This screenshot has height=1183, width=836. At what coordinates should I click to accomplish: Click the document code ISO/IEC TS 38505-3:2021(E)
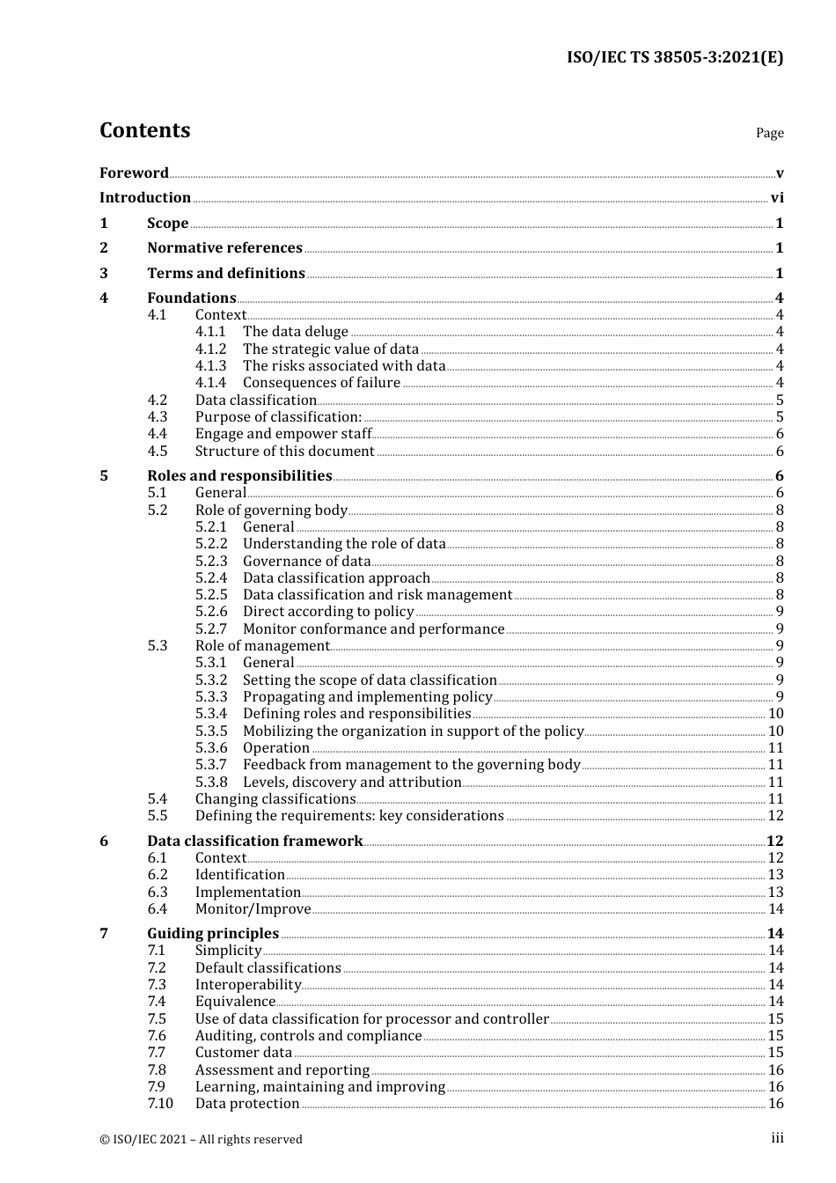point(675,57)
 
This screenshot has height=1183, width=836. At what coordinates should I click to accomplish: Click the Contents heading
point(144,130)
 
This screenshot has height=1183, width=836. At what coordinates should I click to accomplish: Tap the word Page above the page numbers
point(769,133)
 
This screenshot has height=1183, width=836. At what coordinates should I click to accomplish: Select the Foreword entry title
point(134,173)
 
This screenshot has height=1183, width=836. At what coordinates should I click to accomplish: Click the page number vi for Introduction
point(777,198)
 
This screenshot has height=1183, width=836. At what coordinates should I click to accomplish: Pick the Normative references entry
point(224,248)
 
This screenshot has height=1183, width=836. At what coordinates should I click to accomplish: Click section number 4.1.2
point(210,349)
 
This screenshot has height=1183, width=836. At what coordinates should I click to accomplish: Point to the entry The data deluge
point(296,332)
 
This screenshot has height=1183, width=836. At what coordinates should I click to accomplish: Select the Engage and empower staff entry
point(283,434)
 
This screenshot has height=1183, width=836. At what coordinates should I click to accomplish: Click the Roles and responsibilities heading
point(239,476)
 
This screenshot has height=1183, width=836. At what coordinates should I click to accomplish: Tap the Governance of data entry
point(306,562)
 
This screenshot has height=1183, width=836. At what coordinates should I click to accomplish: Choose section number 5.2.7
point(210,629)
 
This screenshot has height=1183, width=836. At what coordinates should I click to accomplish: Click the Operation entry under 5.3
point(276,748)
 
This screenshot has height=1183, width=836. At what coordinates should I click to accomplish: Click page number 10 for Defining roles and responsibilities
point(775,714)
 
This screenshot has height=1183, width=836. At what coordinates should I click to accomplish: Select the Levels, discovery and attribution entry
point(352,783)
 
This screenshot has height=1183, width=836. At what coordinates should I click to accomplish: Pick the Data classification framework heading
point(254,841)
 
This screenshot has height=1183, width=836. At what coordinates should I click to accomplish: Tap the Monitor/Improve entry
point(253,909)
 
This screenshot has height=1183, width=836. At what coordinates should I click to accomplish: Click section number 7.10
point(160,1104)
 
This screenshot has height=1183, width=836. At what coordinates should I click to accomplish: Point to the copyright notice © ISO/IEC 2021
point(201,1139)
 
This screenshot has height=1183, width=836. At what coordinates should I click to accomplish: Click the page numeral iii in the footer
point(777,1138)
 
